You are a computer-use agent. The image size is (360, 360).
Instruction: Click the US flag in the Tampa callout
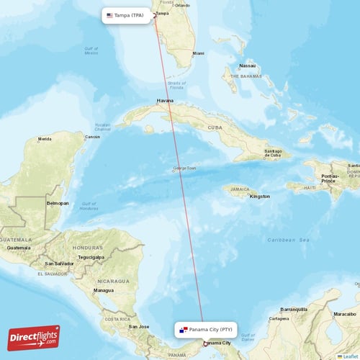pyautogui.click(x=110, y=15)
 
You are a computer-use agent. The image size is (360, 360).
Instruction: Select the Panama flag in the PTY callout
pyautogui.click(x=184, y=330)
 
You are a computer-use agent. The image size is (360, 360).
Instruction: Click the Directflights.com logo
pyautogui.click(x=34, y=338)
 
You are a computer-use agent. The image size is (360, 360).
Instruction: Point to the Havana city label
pyautogui.click(x=166, y=101)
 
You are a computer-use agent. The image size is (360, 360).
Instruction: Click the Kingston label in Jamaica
pyautogui.click(x=259, y=196)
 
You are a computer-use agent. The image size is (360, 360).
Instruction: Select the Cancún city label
pyautogui.click(x=93, y=137)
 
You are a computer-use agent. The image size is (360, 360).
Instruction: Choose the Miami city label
pyautogui.click(x=198, y=53)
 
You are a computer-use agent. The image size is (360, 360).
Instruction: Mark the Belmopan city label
pyautogui.click(x=58, y=203)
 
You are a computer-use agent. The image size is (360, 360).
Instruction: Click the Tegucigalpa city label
pyautogui.click(x=91, y=256)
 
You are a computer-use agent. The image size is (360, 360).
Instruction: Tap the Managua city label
pyautogui.click(x=104, y=290)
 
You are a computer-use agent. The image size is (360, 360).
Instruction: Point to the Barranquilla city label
pyautogui.click(x=294, y=308)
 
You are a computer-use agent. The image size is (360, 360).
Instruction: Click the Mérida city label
pyautogui.click(x=45, y=139)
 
